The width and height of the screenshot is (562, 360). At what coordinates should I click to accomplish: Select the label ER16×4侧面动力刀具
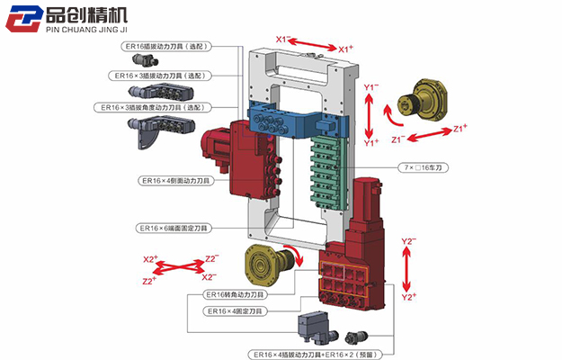[174, 180]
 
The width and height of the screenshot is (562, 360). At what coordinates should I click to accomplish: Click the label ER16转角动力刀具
[235, 294]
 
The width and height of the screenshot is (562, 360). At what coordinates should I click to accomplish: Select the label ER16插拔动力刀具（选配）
[168, 46]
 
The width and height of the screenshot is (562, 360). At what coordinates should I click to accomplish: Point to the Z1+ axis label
[459, 128]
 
